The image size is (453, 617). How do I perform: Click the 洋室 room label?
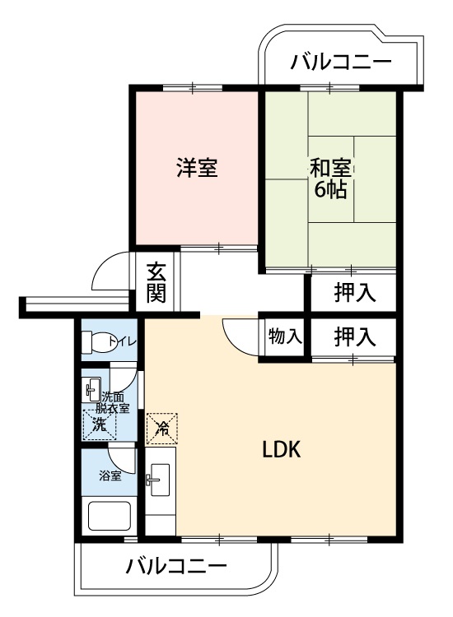tap(197, 167)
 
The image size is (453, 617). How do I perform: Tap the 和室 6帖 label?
tap(330, 179)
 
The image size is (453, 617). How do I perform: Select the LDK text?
tap(281, 449)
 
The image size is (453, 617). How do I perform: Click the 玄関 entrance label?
tap(156, 282)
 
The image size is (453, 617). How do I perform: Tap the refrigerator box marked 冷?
tap(161, 429)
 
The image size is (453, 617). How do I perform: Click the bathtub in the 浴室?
tap(109, 516)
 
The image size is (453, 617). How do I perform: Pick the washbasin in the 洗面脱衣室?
tap(91, 389)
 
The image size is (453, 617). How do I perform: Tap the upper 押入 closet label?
tap(355, 293)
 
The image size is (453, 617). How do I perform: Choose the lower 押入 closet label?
tap(355, 336)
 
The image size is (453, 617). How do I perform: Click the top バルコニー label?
tap(341, 62)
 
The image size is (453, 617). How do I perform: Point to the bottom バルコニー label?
tap(176, 566)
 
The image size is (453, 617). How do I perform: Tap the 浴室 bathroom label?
tap(110, 476)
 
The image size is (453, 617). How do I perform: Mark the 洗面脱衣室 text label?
tap(113, 402)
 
